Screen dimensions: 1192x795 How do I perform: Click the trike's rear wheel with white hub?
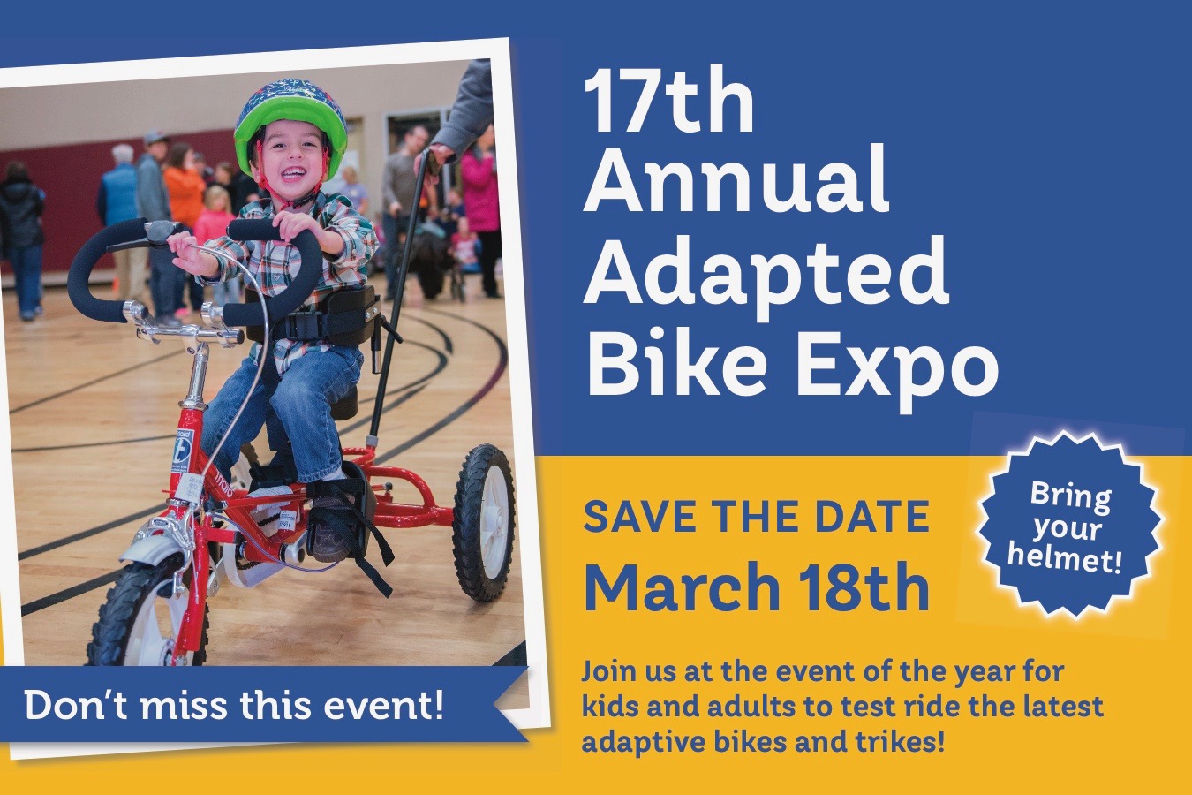tap(484, 522)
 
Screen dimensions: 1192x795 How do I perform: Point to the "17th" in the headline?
tap(668, 102)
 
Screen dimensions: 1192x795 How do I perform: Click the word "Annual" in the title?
tap(736, 182)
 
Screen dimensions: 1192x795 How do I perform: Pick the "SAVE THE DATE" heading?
tap(756, 517)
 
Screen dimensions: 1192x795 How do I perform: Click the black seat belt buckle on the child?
tap(304, 323)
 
